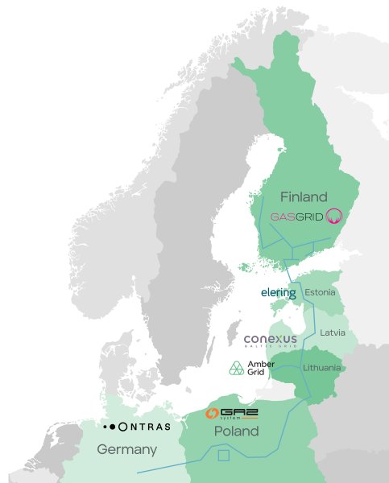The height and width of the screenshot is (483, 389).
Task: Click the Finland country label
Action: point(304,196)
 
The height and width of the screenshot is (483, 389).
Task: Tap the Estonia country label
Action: point(321,292)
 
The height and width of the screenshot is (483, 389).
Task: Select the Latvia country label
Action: point(332,332)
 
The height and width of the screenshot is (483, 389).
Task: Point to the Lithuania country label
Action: point(322,368)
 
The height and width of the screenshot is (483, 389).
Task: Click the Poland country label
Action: point(236,431)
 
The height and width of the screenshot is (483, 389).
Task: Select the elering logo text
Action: point(278,293)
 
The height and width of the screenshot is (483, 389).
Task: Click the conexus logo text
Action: point(271,338)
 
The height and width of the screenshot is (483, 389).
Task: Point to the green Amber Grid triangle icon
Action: point(237,369)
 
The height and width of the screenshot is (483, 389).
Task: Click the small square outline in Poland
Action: point(223,456)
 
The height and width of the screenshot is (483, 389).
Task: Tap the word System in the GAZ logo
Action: point(234,419)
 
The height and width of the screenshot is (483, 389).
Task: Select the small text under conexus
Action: point(271,347)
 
